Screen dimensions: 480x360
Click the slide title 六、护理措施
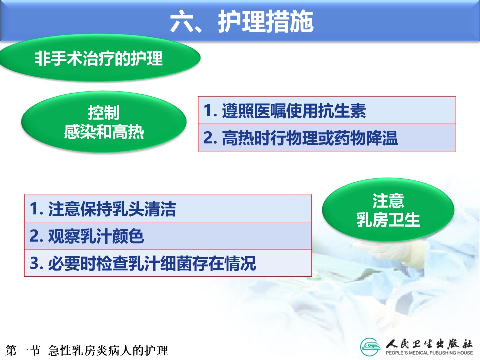242,21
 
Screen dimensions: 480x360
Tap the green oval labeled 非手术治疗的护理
100,58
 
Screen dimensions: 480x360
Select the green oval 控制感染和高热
104,122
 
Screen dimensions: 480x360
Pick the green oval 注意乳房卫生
388,210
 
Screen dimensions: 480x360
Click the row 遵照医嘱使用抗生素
327,110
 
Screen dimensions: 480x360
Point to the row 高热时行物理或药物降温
327,138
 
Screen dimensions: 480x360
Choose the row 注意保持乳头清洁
168,209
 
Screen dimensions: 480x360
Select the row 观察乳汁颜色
168,236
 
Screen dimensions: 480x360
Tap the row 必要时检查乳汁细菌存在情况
168,263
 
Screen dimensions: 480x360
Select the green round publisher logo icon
371,347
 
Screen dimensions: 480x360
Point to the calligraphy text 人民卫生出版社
429,344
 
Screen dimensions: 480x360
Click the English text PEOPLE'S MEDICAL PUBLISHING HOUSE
429,353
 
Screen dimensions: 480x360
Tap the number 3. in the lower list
36,263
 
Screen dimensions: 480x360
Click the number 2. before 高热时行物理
210,138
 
